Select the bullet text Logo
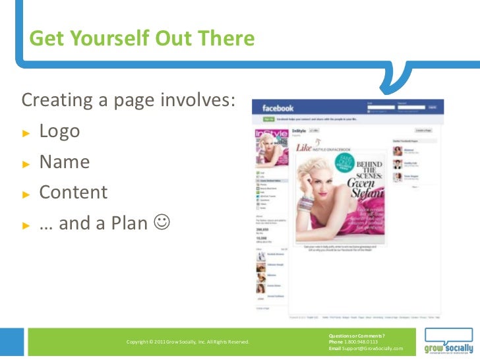(x=59, y=131)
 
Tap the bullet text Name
(x=64, y=162)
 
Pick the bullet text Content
(x=73, y=193)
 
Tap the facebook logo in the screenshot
(x=278, y=108)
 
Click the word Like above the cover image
(x=303, y=149)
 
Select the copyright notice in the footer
(x=187, y=342)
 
